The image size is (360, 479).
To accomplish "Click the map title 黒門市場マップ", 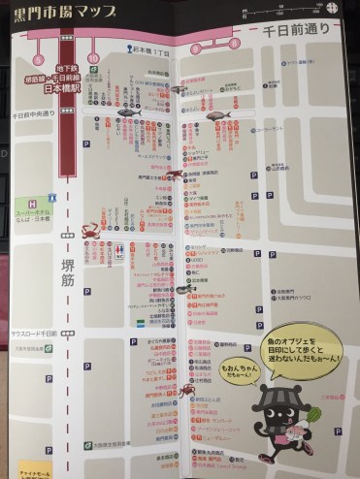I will tap(64, 13).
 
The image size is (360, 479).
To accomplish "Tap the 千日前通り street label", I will tap(294, 32).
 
